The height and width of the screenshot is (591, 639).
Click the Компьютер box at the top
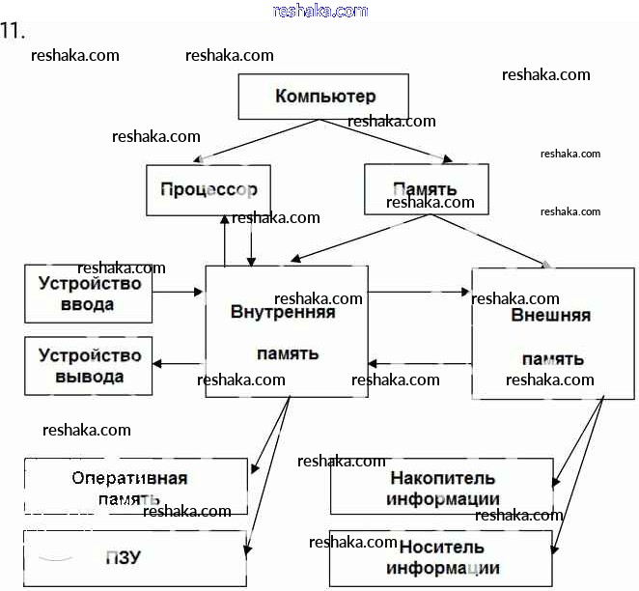(x=324, y=98)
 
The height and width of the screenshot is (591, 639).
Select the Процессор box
(x=208, y=189)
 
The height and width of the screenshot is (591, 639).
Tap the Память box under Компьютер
(x=426, y=188)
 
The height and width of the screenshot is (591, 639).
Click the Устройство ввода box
(x=89, y=293)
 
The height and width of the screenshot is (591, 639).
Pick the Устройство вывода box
(x=89, y=365)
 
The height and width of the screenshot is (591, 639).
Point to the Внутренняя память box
(x=286, y=328)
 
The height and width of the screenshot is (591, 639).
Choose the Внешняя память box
(x=552, y=333)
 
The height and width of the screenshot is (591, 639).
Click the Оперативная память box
(x=136, y=487)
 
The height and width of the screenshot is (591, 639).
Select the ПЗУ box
(x=136, y=559)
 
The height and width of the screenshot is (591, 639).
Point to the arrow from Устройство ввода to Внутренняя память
(x=179, y=291)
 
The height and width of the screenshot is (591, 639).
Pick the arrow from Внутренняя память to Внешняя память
(x=420, y=291)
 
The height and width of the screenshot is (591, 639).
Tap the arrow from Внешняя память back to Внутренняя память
(x=420, y=364)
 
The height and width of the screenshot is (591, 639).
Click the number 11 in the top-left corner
(x=12, y=31)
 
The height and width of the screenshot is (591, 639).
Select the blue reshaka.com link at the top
(x=320, y=11)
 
